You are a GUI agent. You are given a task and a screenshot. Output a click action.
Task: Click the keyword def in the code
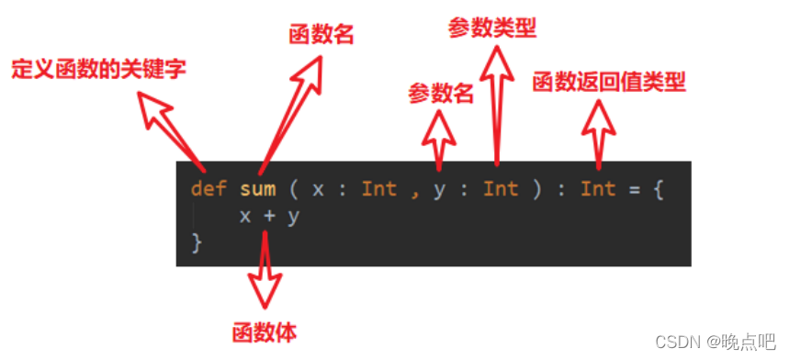tap(209, 190)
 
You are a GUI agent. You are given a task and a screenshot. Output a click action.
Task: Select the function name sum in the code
tap(257, 190)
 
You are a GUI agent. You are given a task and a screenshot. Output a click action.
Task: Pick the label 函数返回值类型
tap(609, 83)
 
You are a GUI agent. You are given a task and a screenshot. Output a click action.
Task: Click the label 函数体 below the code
tap(265, 331)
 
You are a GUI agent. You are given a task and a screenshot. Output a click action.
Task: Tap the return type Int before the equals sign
tap(598, 190)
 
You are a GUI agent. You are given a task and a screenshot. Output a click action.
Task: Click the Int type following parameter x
tap(378, 190)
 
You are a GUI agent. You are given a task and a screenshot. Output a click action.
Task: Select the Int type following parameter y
tap(501, 190)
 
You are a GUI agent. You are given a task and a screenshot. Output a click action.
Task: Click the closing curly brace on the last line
tap(196, 242)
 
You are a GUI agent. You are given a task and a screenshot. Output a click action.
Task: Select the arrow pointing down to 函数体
tap(265, 276)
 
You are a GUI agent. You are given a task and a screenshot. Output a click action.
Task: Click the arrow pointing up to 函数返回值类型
tap(601, 133)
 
